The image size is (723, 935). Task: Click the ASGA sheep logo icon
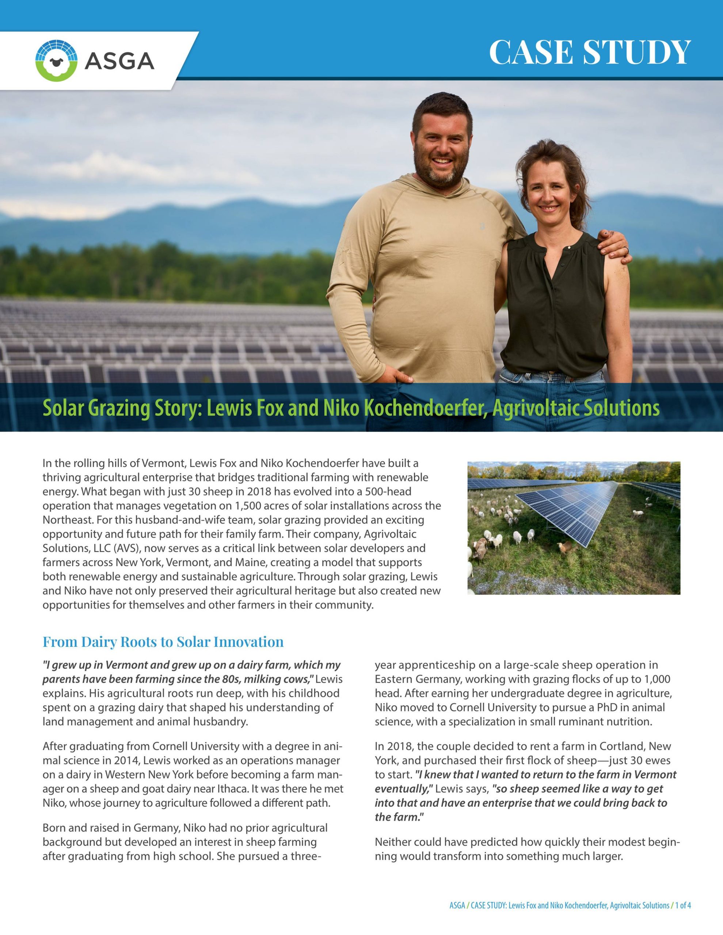tap(57, 61)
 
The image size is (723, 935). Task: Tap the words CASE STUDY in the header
tap(590, 52)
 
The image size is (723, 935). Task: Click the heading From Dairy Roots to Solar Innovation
tap(163, 642)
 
